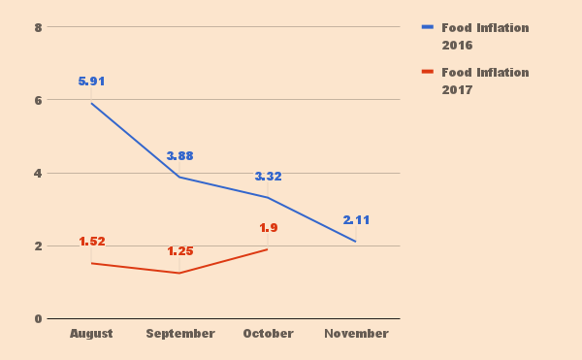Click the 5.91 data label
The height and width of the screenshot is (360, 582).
coord(91,82)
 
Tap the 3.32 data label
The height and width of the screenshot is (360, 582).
coord(268,177)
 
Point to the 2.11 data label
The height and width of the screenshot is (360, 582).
coord(356,220)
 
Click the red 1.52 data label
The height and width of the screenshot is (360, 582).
coord(91,242)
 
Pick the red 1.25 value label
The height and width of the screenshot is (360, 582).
coord(179,251)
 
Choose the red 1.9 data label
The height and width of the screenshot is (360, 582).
coord(268,228)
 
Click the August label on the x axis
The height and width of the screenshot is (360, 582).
coord(91,334)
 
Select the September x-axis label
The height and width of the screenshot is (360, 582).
coord(179,334)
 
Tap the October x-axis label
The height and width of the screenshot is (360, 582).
coord(268,334)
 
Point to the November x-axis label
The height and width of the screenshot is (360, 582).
coord(356,334)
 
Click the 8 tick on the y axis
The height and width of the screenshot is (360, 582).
coord(38,27)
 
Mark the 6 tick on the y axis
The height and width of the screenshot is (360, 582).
coord(38,100)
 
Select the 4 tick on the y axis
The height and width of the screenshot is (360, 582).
coord(38,173)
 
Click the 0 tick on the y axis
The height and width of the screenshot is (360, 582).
coord(38,318)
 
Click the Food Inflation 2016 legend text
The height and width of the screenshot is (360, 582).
coord(485,36)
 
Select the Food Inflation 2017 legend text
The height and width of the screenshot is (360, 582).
coord(485,81)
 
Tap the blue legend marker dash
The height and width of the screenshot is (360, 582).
coord(428,27)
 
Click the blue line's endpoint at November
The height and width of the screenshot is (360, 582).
coord(356,242)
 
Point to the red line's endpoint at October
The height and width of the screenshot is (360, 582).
coord(268,249)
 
